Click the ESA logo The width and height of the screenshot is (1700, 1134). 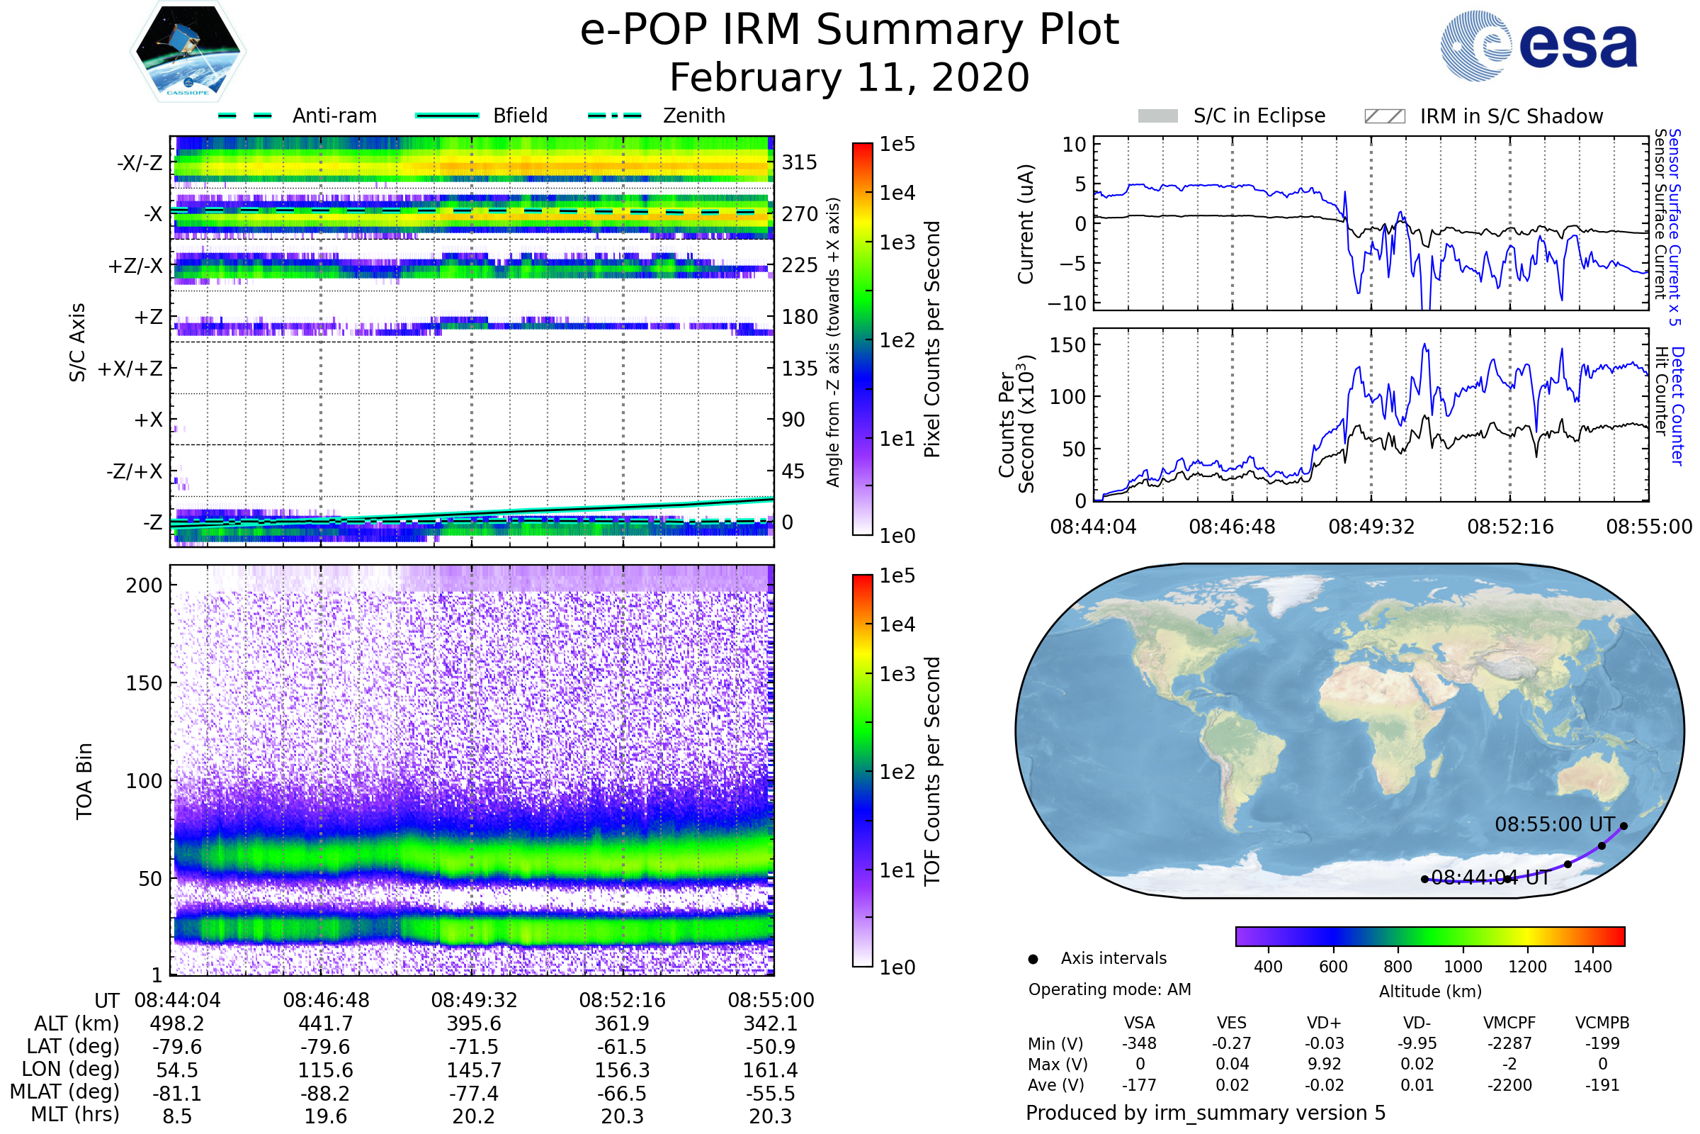coord(1538,45)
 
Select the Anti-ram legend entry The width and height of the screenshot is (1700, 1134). coord(333,116)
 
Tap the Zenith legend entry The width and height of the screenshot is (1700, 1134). coord(693,116)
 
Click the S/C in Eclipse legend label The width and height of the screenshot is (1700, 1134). coord(1259,116)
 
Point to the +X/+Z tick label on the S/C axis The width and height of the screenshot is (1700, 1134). coord(130,369)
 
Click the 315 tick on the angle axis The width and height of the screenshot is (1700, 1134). coord(799,162)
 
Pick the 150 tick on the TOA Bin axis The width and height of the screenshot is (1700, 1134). coord(144,683)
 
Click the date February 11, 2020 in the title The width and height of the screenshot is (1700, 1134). coord(849,77)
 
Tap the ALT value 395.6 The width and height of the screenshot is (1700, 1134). coord(473,1023)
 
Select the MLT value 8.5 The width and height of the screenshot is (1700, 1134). coord(177,1116)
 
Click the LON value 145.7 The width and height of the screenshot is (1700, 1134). coord(473,1070)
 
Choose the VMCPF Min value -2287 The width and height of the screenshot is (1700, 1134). coord(1509,1043)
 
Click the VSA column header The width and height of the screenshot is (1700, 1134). coord(1139,1023)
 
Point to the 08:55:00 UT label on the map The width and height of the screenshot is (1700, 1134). coord(1554,824)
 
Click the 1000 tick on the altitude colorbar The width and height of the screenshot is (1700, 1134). coord(1462,967)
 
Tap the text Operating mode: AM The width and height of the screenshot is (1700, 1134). coord(1109,989)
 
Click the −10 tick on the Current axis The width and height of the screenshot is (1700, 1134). coord(1067,303)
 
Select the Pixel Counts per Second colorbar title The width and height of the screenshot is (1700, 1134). coord(932,339)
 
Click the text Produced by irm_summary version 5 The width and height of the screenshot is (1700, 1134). coord(1205,1113)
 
